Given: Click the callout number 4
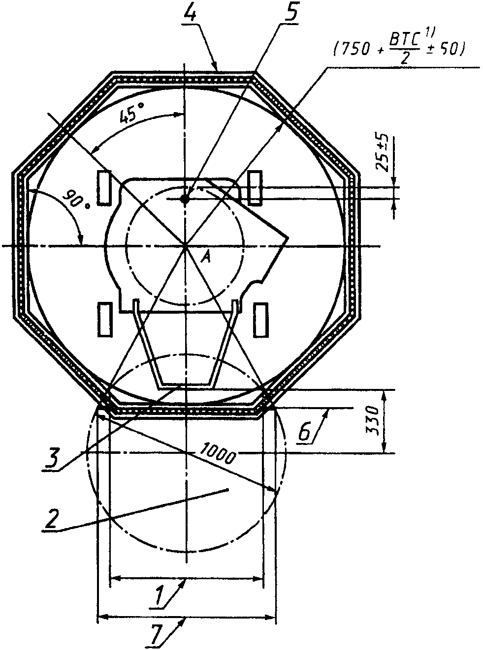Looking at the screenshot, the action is tap(191, 13).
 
